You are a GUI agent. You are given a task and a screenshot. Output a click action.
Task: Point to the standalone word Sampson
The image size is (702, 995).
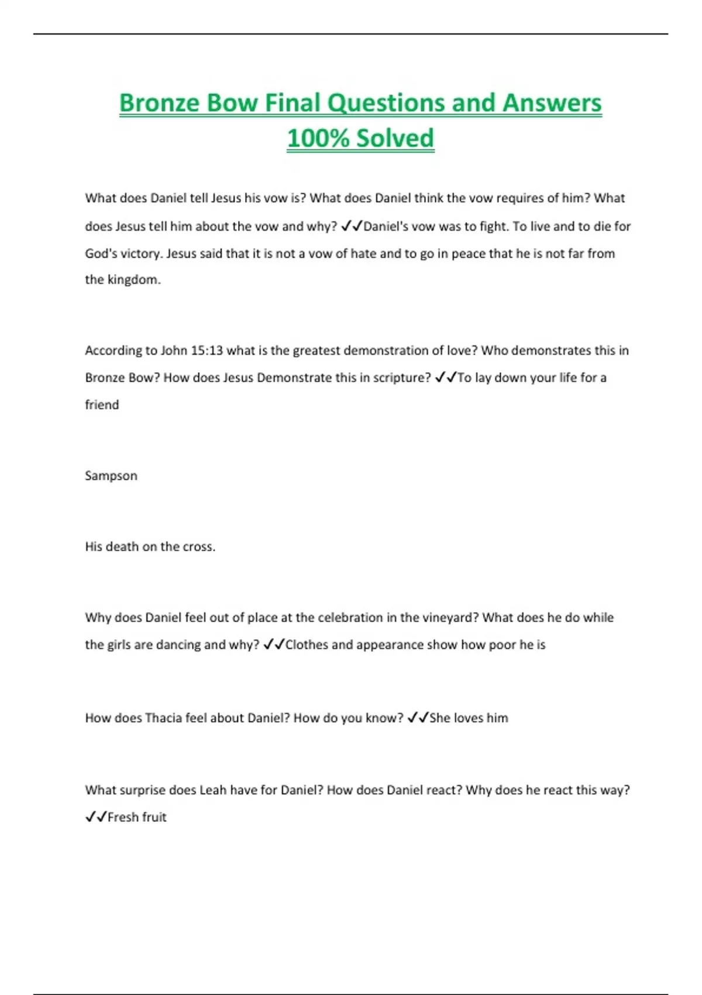pyautogui.click(x=111, y=476)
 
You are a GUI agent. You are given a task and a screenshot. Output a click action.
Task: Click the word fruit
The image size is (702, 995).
pyautogui.click(x=152, y=817)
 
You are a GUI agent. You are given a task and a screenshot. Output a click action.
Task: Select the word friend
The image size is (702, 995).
pyautogui.click(x=102, y=405)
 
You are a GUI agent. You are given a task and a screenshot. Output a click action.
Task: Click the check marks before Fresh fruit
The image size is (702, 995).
pyautogui.click(x=96, y=817)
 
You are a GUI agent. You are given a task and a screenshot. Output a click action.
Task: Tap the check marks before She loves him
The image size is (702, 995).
pyautogui.click(x=418, y=718)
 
